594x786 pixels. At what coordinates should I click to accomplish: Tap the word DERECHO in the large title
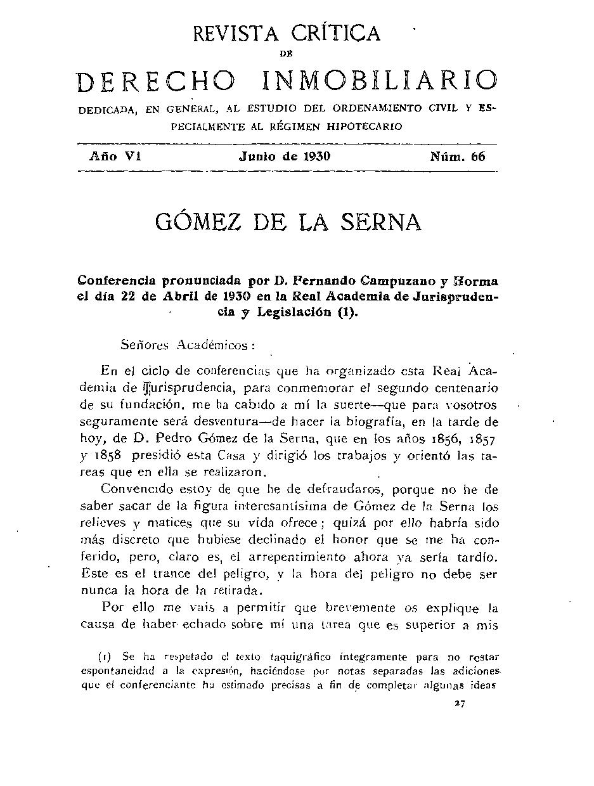point(156,81)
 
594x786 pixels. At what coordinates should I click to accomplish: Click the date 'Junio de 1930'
point(285,157)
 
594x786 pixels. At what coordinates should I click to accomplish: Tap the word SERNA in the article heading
point(380,222)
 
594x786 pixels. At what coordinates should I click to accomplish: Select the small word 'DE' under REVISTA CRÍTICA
point(286,55)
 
